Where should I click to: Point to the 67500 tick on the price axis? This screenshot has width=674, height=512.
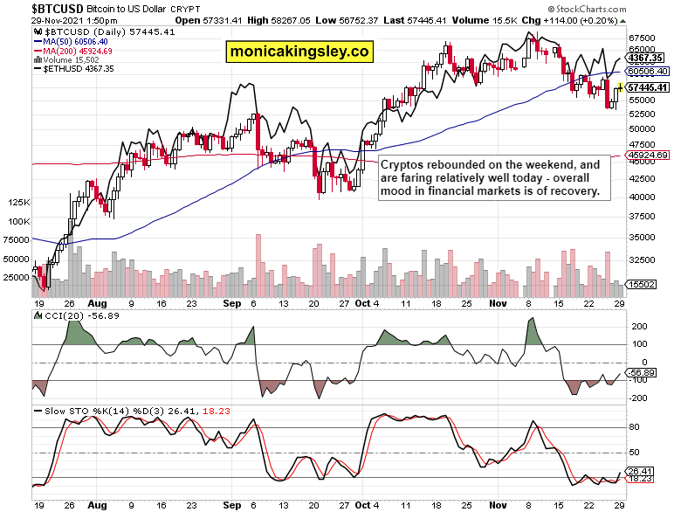tap(642, 38)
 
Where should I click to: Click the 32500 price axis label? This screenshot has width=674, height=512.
tap(642, 259)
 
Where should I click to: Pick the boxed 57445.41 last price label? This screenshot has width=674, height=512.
tap(648, 87)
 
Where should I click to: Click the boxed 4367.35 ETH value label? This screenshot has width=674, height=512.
tap(648, 58)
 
